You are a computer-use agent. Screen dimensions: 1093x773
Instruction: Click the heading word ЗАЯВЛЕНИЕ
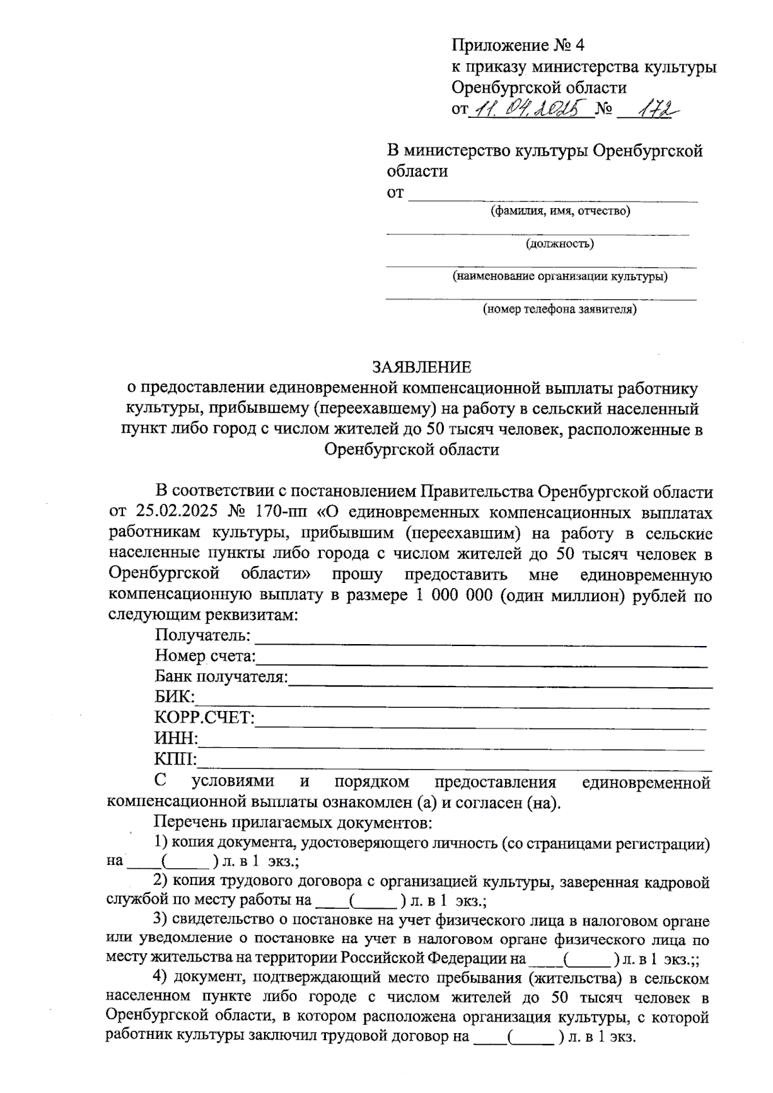(x=422, y=367)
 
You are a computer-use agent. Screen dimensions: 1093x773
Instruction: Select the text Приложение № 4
(x=518, y=46)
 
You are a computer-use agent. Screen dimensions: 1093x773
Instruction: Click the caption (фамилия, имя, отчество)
(x=560, y=211)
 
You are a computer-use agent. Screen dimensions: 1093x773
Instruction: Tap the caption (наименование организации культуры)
(x=560, y=277)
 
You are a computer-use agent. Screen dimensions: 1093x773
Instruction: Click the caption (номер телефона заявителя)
(x=560, y=310)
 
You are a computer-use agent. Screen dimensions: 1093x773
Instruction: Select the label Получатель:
(x=202, y=635)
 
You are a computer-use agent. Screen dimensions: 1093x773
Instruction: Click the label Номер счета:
(x=205, y=656)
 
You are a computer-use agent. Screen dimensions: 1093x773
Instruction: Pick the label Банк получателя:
(x=221, y=677)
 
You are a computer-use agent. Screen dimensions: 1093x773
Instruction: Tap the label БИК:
(x=174, y=698)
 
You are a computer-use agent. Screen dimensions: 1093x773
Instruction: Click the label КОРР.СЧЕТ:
(x=204, y=718)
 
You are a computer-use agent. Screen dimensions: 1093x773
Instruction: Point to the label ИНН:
(x=176, y=739)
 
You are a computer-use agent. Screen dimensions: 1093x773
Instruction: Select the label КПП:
(x=175, y=759)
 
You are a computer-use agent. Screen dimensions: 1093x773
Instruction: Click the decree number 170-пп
(x=282, y=513)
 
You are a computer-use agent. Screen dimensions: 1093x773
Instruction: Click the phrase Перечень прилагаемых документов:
(x=292, y=822)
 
